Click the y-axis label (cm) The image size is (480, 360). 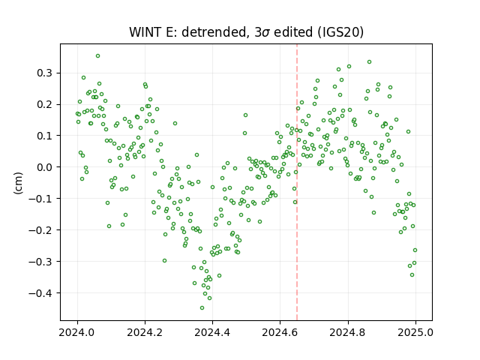coord(18,183)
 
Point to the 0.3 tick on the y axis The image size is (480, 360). coord(44,73)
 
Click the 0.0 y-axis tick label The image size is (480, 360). coord(44,167)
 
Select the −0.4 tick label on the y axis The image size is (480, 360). coord(40,293)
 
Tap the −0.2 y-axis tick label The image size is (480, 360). coord(40,230)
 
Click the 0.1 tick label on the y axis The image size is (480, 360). coord(44,136)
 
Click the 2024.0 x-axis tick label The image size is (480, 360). coord(77,332)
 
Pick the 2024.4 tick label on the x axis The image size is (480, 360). coord(212,332)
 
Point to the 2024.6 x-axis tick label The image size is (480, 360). coord(280,332)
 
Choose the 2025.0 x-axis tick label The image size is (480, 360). coord(415,332)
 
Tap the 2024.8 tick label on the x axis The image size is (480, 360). coord(348,332)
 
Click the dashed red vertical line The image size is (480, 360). coord(297,182)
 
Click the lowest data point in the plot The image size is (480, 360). coord(202,307)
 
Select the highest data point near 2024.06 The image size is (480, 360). coord(98,56)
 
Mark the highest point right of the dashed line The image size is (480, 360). coord(370,61)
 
